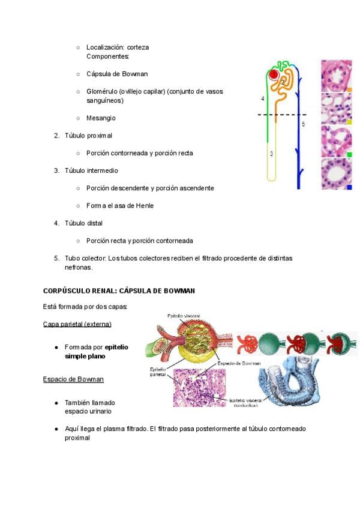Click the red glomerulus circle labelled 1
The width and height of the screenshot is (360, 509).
274,75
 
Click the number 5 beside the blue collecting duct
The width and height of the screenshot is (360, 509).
303,124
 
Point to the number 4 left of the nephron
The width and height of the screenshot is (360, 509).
262,98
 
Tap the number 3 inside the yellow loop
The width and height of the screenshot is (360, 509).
271,154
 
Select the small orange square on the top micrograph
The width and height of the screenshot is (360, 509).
349,90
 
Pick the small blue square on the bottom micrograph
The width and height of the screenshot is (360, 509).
349,187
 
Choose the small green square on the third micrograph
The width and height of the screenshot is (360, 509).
349,154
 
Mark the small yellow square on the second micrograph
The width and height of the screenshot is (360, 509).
349,122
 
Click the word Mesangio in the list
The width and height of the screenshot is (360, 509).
101,118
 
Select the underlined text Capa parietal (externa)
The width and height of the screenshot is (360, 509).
77,324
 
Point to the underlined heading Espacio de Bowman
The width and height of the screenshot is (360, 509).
73,379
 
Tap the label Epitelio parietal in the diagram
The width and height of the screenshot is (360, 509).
160,370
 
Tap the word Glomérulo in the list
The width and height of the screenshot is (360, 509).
101,91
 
